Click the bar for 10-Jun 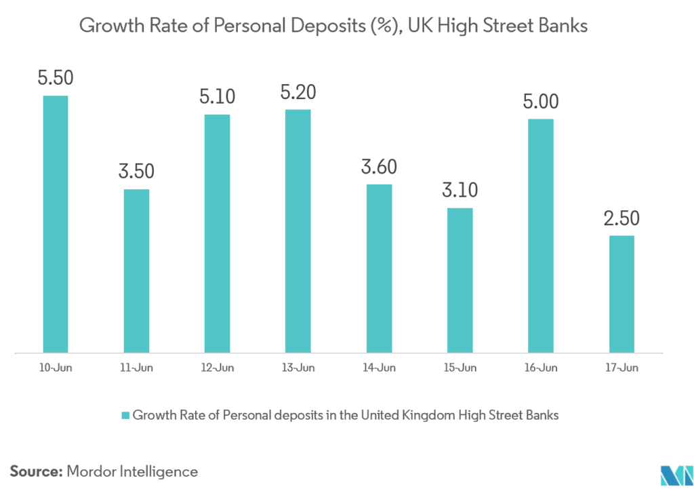click(56, 224)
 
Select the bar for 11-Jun click(136, 271)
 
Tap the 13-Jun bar click(298, 231)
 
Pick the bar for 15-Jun click(460, 279)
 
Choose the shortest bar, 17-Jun click(621, 294)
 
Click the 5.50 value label click(56, 77)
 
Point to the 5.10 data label click(217, 96)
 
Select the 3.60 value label click(379, 166)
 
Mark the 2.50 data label click(621, 218)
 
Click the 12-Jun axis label click(217, 368)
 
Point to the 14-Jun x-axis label click(379, 368)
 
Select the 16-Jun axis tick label click(540, 368)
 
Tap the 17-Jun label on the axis click(621, 368)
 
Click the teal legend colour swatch click(125, 415)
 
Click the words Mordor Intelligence click(132, 471)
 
